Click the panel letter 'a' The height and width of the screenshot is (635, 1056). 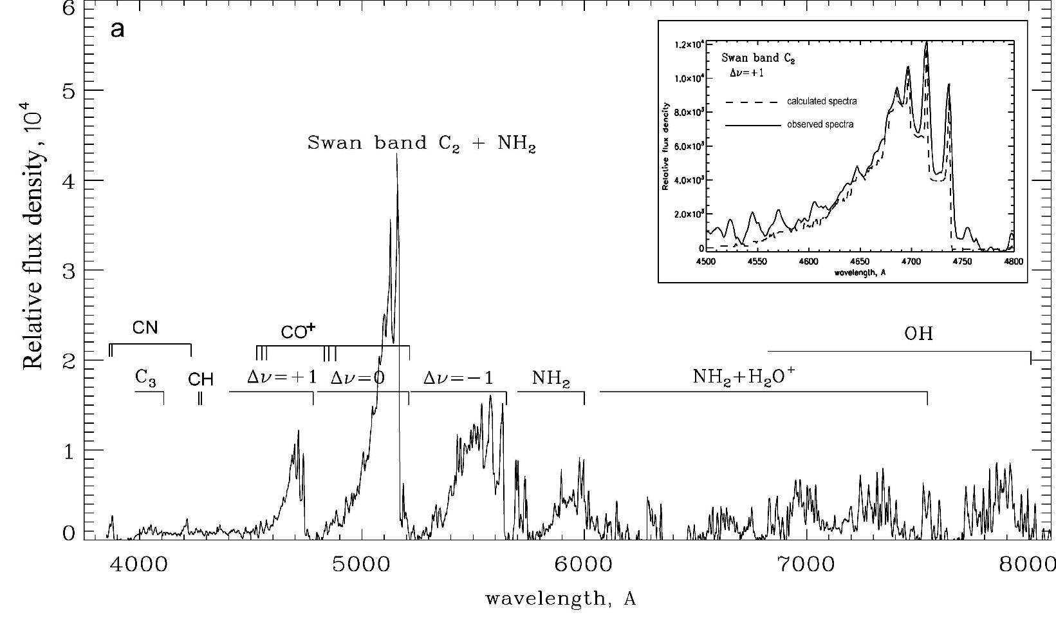point(117,30)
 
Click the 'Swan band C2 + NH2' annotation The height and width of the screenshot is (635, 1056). point(421,143)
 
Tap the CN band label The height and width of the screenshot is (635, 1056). point(145,328)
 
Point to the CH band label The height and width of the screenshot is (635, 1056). point(200,379)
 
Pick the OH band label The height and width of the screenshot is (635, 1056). point(918,334)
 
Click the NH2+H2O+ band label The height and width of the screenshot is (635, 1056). point(744,377)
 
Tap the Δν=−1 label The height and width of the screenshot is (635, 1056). point(458,377)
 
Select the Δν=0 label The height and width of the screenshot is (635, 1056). point(357,377)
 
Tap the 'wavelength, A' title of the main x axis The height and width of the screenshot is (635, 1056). point(560,599)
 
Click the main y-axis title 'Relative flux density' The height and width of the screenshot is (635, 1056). point(33,238)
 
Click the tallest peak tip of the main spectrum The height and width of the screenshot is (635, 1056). point(396,156)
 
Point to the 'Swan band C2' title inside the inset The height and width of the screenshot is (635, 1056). point(758,58)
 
